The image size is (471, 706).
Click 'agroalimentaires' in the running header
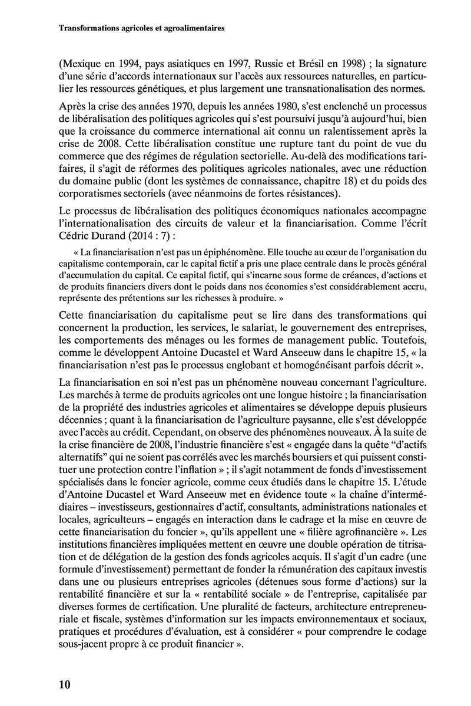tap(189, 27)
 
